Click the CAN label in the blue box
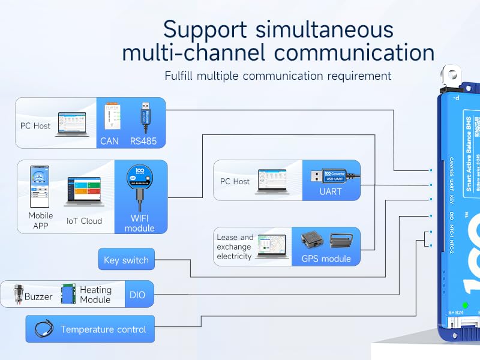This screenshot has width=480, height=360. coord(109,142)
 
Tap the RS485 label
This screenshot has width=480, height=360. coord(143,142)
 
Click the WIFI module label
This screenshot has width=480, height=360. coord(139,223)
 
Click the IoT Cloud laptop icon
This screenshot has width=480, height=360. coord(84,192)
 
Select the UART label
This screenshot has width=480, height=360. coord(331,192)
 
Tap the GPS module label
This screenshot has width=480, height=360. coord(327,259)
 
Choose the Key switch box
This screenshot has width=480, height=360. coord(126,260)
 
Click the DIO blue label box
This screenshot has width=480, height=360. coord(137,295)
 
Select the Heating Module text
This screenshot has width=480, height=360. coord(95,295)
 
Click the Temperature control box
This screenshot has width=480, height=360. coord(90,329)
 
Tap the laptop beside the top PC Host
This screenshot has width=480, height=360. coord(72,124)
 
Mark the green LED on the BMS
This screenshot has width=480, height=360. coord(465,305)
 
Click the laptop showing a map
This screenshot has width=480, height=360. coord(272,247)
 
